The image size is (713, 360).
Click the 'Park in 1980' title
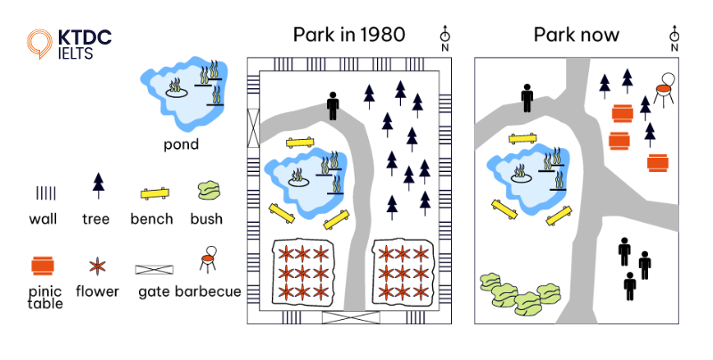[x=348, y=35]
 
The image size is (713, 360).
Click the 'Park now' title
[x=577, y=35]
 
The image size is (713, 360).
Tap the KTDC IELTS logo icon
[x=39, y=43]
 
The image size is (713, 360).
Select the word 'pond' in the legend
[x=181, y=143]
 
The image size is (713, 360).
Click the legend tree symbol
[x=98, y=185]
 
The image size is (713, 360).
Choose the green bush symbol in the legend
[x=209, y=191]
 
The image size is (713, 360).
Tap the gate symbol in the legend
[x=153, y=268]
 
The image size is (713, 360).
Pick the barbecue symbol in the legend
[x=209, y=259]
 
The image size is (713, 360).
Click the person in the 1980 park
[x=333, y=105]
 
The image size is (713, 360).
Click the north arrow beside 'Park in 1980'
[x=445, y=37]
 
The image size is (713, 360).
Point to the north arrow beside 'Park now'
[x=674, y=37]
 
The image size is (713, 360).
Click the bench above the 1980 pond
[x=300, y=142]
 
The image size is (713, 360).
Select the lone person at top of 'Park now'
[x=527, y=97]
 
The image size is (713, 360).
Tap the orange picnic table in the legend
[x=43, y=266]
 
